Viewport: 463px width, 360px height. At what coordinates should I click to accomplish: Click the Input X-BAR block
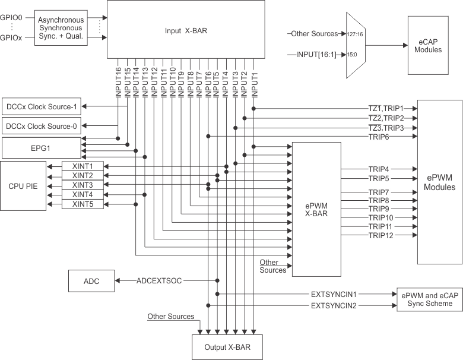pos(186,29)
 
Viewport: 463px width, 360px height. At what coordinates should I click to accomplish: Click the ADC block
pos(92,280)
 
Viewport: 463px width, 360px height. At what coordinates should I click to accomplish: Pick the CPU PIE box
pos(23,185)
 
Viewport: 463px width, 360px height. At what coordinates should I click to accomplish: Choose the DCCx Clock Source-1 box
pos(41,107)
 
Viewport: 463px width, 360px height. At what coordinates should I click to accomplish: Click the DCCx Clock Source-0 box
pos(41,126)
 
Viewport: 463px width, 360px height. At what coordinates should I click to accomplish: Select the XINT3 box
pos(83,185)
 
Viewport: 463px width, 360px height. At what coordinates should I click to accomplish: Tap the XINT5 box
pos(83,204)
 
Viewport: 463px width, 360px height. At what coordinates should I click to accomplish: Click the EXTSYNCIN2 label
pos(334,305)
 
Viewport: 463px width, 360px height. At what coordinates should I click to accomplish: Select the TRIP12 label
pos(381,236)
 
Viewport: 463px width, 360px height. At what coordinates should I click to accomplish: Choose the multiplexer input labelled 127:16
pos(355,34)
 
